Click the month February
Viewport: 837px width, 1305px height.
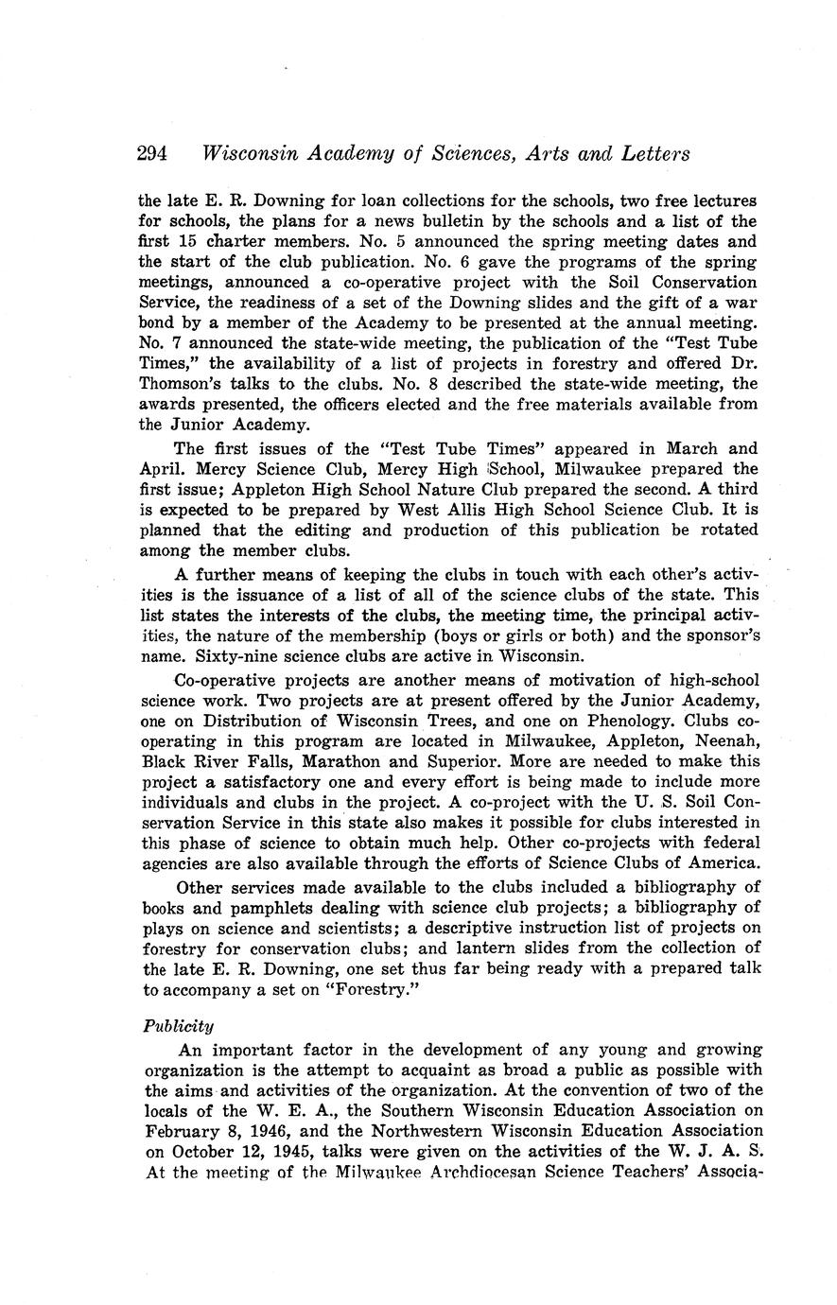tap(178, 1130)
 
